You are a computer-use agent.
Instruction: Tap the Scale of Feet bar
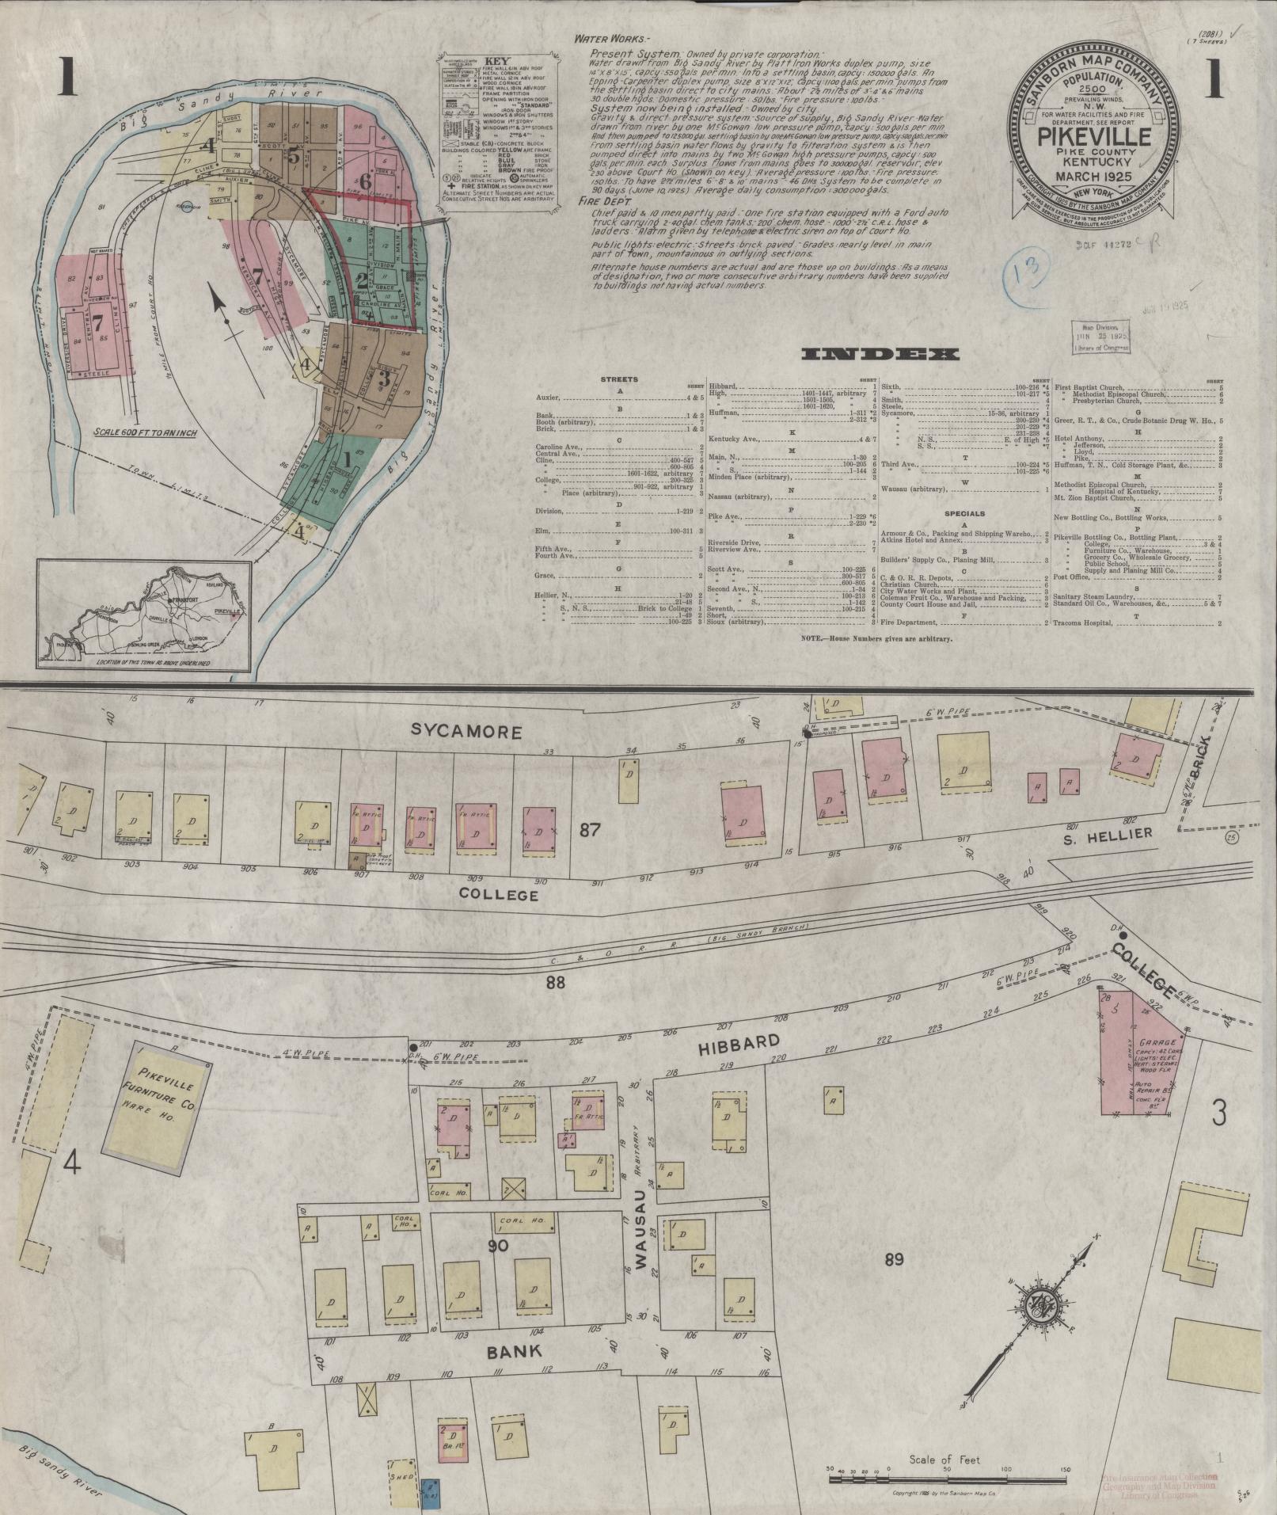(x=948, y=1477)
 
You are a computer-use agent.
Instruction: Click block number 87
(x=591, y=830)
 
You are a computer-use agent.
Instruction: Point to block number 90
(x=497, y=1247)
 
